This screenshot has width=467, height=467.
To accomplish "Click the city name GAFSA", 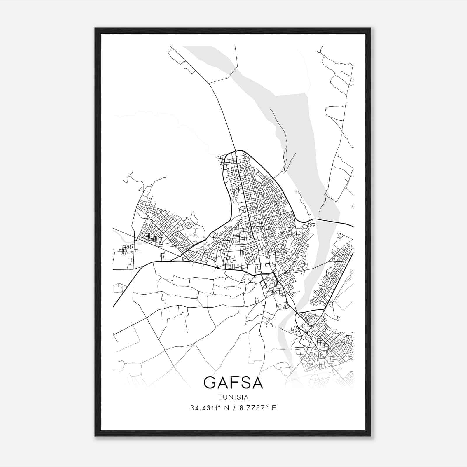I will [233, 382].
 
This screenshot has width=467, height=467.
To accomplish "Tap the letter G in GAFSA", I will [210, 382].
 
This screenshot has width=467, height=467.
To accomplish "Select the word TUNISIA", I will [233, 397].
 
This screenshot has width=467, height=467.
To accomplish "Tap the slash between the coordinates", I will [234, 408].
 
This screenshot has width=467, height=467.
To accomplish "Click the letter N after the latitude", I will [225, 408].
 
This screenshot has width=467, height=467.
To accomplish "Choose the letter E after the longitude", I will [273, 408].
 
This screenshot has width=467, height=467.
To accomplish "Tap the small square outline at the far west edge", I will [118, 289].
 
